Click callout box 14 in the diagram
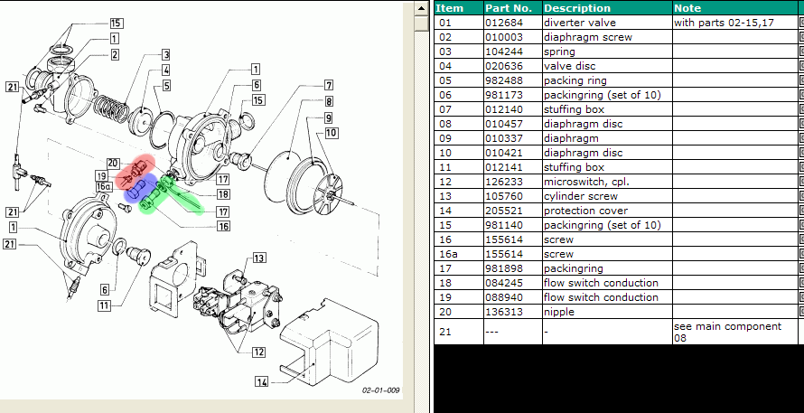[x=261, y=381]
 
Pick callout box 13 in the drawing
[x=259, y=257]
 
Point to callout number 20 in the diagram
[x=113, y=163]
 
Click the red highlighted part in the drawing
[x=139, y=169]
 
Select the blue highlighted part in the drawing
[x=137, y=192]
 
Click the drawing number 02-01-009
[x=381, y=390]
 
